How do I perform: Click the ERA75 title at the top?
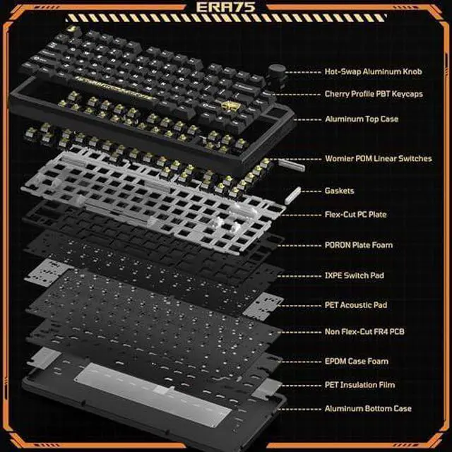(x=226, y=6)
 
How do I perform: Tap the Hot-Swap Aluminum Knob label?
(x=374, y=71)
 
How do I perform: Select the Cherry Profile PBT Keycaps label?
(x=374, y=94)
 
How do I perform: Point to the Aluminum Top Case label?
(x=362, y=119)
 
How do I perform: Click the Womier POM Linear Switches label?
(x=379, y=158)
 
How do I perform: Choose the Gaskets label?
(x=339, y=191)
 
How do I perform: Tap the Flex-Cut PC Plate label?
(x=355, y=215)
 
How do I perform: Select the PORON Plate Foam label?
(x=359, y=245)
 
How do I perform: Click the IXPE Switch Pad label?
(x=355, y=275)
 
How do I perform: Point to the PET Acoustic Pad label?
(x=356, y=305)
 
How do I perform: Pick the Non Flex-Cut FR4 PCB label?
(x=364, y=332)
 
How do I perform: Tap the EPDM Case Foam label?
(x=356, y=361)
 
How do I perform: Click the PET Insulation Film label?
(x=359, y=385)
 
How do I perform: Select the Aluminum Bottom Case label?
(x=368, y=408)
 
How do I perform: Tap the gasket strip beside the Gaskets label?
(x=292, y=195)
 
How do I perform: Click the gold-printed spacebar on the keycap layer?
(x=114, y=88)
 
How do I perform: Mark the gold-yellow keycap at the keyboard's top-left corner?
(x=71, y=30)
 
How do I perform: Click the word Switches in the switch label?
(x=415, y=158)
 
